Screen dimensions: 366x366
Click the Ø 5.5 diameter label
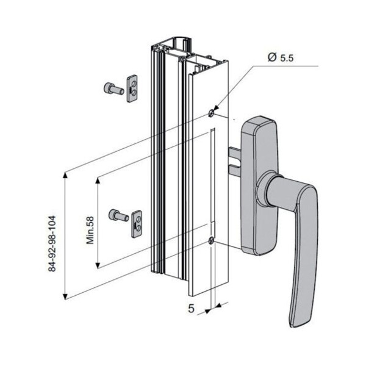(281, 57)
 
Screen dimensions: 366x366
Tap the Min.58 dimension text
(90, 231)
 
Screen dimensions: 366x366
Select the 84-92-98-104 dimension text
(52, 243)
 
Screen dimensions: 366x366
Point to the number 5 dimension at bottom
(191, 309)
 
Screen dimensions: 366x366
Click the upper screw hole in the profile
(211, 113)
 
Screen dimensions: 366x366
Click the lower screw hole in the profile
(211, 240)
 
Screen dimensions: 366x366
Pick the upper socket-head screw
(113, 89)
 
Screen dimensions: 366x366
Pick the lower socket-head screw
(118, 215)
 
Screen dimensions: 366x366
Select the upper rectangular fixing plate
(132, 88)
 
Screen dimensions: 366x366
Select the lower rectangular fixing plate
(137, 224)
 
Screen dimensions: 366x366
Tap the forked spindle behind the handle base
(235, 162)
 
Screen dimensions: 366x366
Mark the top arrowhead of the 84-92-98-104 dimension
(66, 174)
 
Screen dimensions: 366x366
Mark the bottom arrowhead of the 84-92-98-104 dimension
(66, 296)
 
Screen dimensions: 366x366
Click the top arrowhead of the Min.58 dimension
(98, 180)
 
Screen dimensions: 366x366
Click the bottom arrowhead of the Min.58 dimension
(98, 265)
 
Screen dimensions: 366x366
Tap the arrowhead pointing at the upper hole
(215, 108)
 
